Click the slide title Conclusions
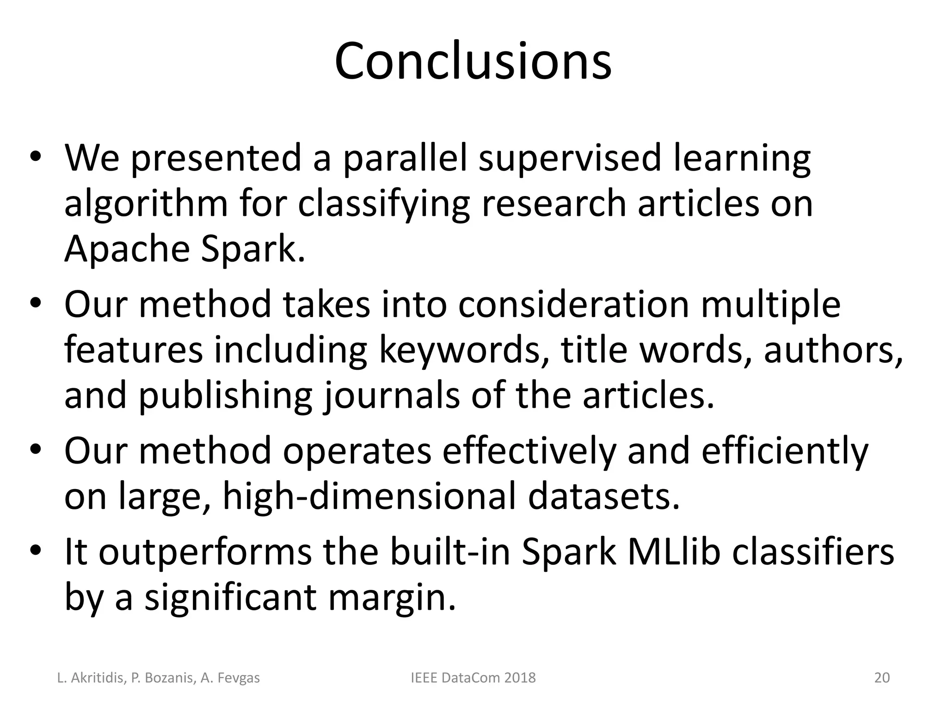pos(473,61)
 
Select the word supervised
pos(569,158)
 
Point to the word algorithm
pos(146,204)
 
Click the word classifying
pos(384,204)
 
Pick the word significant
pos(230,597)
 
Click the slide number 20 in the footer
pos(882,678)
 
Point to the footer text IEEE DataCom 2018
pos(473,678)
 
